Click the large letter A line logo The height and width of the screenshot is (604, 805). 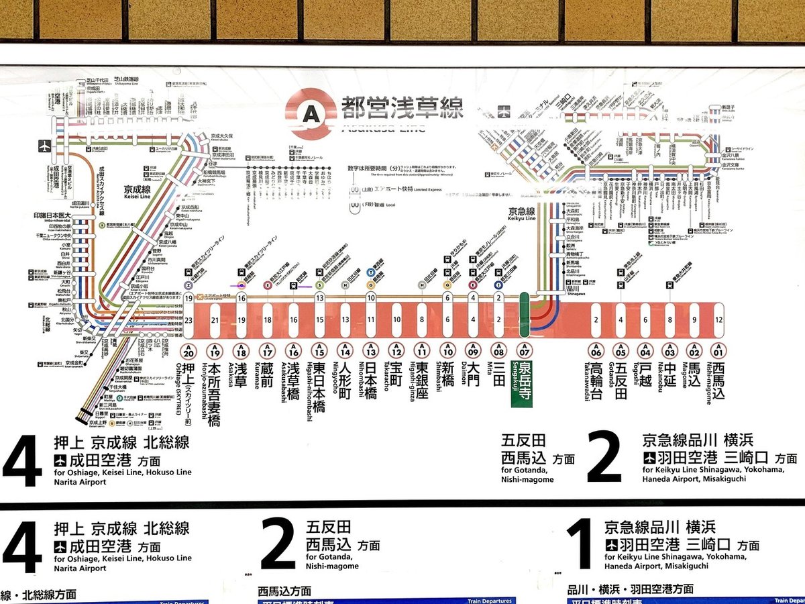click(310, 113)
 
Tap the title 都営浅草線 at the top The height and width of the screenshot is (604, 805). click(401, 107)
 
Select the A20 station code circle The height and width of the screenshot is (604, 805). click(189, 351)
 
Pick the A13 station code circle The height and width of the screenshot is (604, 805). click(370, 351)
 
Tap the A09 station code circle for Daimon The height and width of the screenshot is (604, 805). click(474, 351)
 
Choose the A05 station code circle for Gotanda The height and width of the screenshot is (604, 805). click(621, 351)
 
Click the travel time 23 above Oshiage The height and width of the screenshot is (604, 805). click(189, 320)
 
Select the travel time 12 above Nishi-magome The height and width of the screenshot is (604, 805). click(718, 320)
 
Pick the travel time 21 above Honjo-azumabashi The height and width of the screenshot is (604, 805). click(215, 320)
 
